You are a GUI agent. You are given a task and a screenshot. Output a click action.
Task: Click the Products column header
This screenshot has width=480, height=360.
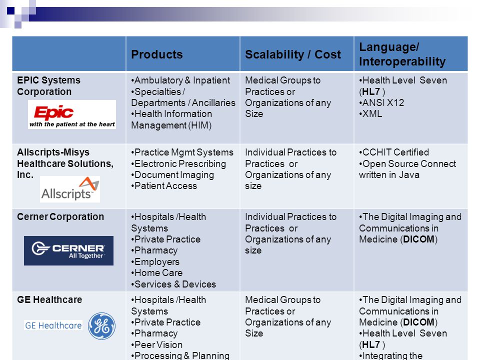click(x=156, y=54)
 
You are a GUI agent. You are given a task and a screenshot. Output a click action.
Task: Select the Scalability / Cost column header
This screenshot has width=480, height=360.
click(x=292, y=54)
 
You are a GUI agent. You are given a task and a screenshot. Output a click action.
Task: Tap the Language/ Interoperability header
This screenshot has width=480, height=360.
click(x=402, y=54)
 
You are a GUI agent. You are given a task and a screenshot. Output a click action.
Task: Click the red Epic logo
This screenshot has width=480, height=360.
click(x=72, y=114)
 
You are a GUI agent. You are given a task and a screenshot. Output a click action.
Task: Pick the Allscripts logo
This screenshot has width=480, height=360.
click(x=70, y=189)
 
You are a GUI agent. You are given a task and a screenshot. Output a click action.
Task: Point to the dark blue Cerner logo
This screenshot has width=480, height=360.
click(x=68, y=250)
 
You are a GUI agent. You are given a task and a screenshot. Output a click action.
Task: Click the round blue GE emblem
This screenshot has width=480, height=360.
click(x=101, y=326)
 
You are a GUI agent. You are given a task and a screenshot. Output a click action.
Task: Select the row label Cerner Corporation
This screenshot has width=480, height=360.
click(x=60, y=216)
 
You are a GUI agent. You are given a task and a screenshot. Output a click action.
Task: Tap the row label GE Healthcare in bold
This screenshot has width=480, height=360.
click(x=49, y=299)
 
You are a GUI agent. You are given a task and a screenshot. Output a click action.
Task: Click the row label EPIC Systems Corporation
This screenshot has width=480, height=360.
click(x=48, y=85)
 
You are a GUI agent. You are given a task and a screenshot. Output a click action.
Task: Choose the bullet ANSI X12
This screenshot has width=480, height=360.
click(x=381, y=102)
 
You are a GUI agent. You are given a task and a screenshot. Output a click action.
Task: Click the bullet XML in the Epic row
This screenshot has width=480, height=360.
click(x=370, y=114)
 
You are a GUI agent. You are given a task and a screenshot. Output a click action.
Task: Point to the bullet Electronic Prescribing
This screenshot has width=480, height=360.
click(x=178, y=164)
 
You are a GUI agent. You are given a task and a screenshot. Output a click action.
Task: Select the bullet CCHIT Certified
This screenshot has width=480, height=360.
click(x=394, y=152)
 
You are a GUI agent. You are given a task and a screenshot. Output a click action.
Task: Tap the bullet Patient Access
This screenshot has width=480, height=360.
click(x=164, y=186)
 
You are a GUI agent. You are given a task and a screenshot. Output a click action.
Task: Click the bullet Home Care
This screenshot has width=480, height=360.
click(x=156, y=273)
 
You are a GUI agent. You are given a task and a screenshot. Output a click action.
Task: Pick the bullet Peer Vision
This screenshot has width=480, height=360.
click(x=156, y=344)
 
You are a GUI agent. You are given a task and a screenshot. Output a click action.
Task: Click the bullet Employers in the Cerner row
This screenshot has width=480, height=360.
click(x=155, y=261)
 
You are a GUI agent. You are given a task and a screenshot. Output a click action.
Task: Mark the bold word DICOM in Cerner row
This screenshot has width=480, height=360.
click(x=418, y=239)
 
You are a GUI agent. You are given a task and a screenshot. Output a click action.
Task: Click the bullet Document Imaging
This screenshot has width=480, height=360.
click(x=172, y=175)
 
